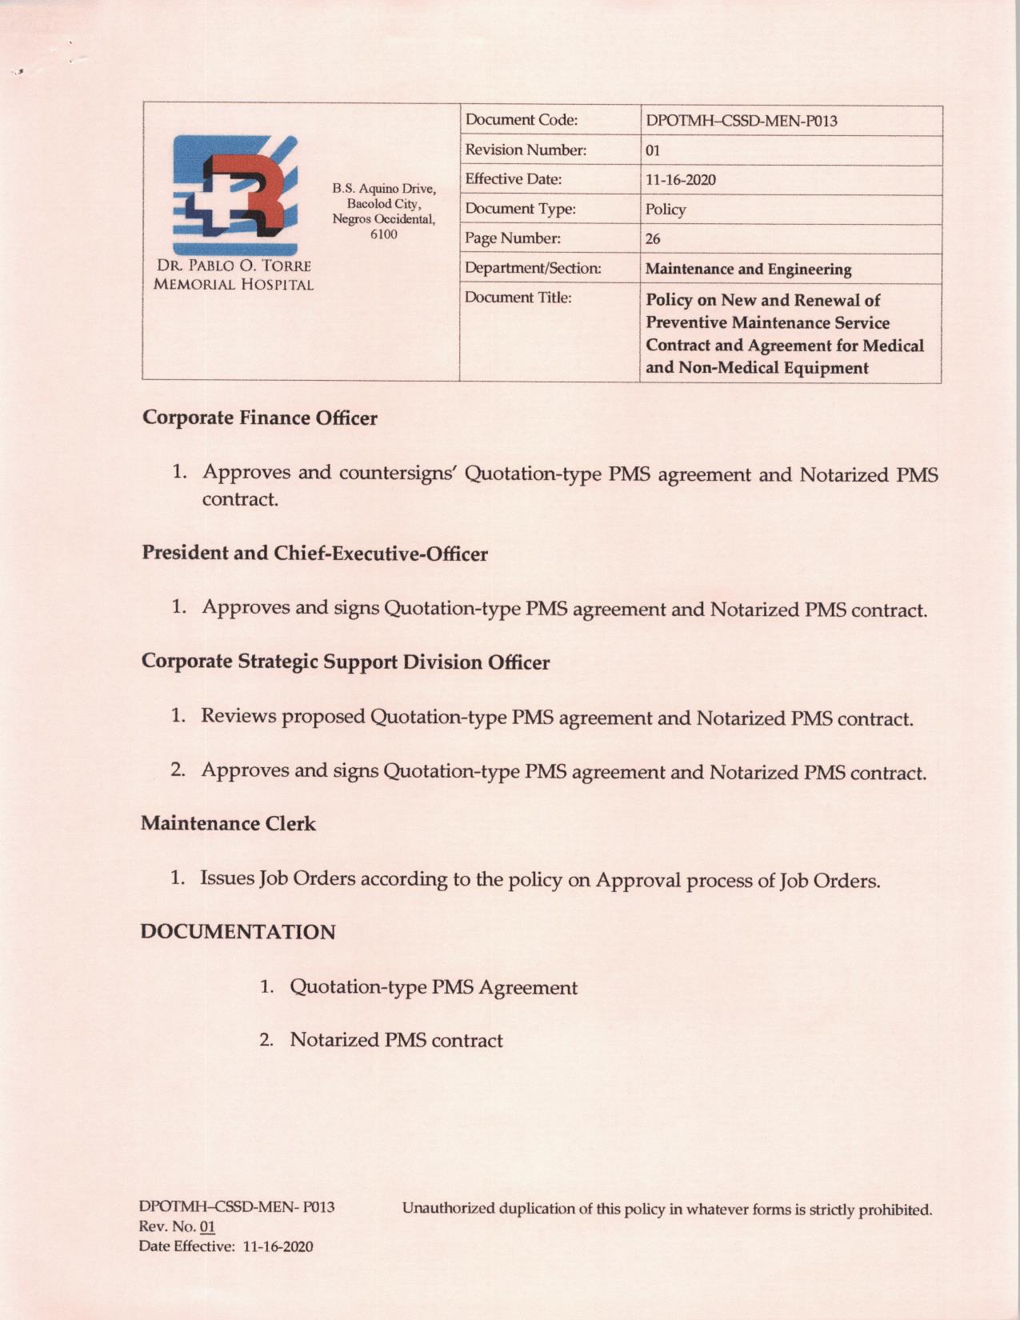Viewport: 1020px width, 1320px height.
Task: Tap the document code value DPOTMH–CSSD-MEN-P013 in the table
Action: click(x=741, y=121)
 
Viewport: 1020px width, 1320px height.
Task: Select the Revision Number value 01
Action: click(x=653, y=150)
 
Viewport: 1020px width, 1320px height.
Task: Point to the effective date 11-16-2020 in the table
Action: click(x=680, y=180)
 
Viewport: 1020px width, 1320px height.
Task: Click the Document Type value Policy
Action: click(x=666, y=210)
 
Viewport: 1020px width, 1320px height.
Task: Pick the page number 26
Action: click(x=653, y=239)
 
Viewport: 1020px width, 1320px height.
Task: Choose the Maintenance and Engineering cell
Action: click(x=748, y=269)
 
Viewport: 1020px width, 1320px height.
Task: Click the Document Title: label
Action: click(x=518, y=298)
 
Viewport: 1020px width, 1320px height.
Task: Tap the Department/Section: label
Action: click(x=533, y=268)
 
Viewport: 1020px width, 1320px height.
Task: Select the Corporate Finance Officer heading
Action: click(x=259, y=418)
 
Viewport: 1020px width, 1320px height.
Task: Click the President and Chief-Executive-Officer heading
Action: click(x=314, y=554)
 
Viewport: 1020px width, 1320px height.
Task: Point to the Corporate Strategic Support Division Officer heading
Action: click(x=345, y=662)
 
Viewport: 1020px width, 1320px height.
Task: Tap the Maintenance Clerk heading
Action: click(x=228, y=823)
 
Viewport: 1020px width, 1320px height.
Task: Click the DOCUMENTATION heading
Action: click(x=238, y=932)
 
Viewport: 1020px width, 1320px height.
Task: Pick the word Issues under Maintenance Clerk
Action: click(x=226, y=878)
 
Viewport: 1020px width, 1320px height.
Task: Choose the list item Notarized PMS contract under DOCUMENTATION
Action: click(x=396, y=1040)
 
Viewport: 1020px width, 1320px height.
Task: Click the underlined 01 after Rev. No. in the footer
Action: click(x=207, y=1226)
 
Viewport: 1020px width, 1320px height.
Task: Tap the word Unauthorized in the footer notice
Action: click(x=447, y=1208)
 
